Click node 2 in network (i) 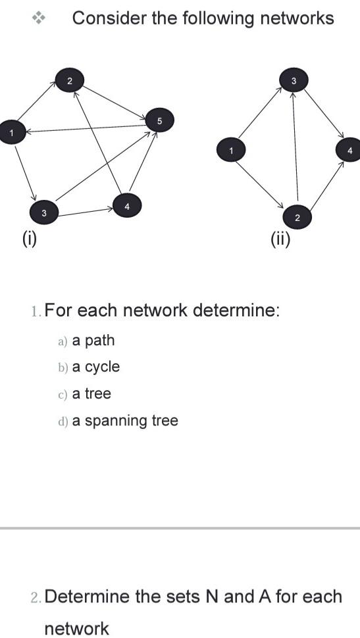70,80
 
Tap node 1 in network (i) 11,134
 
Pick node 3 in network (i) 43,212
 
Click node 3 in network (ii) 294,80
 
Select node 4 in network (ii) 349,150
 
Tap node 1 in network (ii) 230,151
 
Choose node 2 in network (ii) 297,216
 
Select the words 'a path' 93,340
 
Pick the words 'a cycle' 96,367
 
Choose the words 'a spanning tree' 125,420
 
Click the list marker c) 63,395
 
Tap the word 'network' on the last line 76,628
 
